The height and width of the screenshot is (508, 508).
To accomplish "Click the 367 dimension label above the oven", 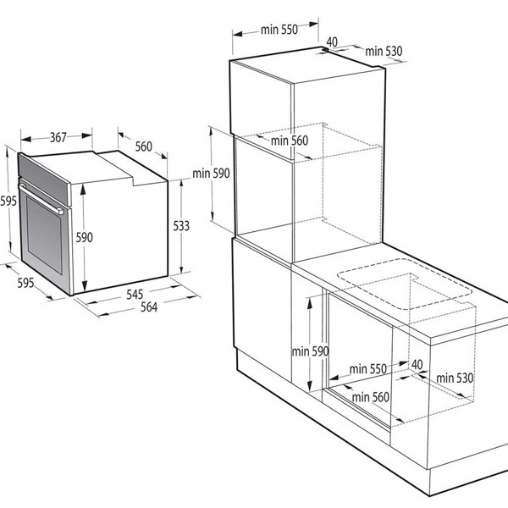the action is (x=58, y=137).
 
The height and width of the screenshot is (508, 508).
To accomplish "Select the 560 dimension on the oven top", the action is (x=144, y=146).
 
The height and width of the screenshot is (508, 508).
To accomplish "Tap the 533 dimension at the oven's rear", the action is (x=181, y=226).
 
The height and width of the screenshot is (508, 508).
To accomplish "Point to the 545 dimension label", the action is (x=135, y=294).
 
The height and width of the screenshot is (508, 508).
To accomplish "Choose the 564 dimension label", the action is (x=149, y=306).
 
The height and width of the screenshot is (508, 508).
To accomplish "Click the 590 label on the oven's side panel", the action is (x=84, y=237).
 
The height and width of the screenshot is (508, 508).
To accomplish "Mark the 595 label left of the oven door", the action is (x=8, y=201).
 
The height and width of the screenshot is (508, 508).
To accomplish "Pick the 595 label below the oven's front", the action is (x=25, y=283).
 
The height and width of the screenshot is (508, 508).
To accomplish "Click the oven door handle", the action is (x=41, y=199).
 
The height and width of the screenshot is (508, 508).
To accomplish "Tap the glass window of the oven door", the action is (x=44, y=235).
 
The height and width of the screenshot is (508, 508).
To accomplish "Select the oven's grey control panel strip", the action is (x=44, y=179).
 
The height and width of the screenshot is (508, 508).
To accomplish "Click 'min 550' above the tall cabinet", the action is (x=279, y=30).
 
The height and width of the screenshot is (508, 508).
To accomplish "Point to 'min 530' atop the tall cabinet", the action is (x=384, y=51).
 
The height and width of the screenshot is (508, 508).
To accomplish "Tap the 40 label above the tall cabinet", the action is (x=332, y=41).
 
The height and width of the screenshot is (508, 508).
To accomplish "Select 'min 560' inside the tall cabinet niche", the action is (x=290, y=141).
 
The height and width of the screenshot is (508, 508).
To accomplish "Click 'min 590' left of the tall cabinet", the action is (x=211, y=174).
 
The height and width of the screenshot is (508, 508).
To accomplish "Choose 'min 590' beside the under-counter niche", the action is (x=311, y=351).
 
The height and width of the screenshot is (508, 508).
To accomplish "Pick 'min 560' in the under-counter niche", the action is (x=370, y=397).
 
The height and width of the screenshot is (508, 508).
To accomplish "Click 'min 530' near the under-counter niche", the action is (x=455, y=378).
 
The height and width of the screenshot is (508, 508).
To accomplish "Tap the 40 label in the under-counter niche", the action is (x=417, y=364).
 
